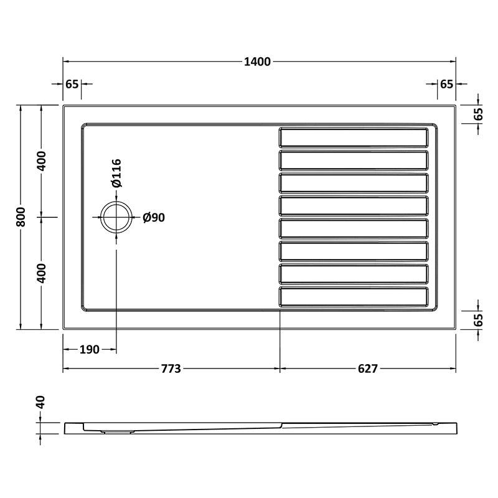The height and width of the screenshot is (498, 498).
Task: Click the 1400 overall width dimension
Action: (258, 61)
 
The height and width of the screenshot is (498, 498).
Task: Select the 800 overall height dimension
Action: (21, 217)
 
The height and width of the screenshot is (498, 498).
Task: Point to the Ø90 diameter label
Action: (153, 217)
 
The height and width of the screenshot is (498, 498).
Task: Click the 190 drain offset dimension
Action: (89, 350)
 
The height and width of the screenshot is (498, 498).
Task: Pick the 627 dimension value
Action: (367, 369)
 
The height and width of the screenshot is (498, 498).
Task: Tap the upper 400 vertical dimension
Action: (41, 161)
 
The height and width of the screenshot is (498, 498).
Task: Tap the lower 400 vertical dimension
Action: (41, 273)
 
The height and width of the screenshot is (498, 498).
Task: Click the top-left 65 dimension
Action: (71, 84)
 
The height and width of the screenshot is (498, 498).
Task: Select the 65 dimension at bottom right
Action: (478, 321)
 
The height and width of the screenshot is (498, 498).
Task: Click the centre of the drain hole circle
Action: (116, 217)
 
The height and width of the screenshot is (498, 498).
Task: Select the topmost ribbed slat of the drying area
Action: (354, 137)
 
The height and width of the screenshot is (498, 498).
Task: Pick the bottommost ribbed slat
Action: (354, 297)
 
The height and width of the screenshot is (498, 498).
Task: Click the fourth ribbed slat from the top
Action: (354, 205)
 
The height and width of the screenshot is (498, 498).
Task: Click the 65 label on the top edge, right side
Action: (446, 84)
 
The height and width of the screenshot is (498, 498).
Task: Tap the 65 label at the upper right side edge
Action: (478, 114)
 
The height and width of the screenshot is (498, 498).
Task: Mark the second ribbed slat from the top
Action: (354, 160)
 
